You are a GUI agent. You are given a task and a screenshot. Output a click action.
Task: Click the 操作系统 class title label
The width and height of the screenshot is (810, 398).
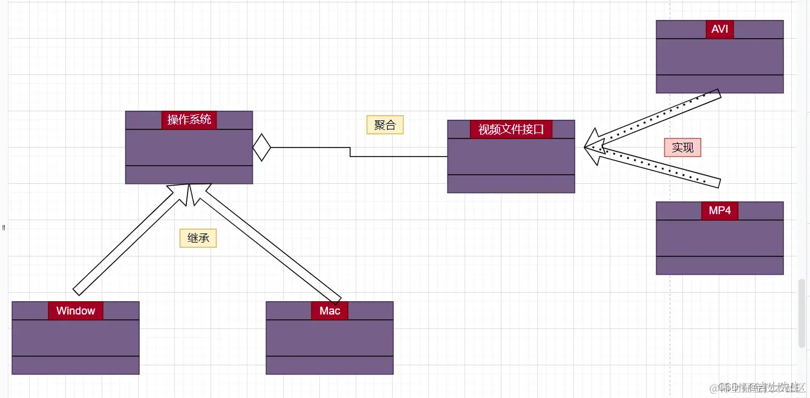click(x=189, y=120)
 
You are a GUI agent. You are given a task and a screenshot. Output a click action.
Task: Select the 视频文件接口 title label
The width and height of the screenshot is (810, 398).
click(x=511, y=129)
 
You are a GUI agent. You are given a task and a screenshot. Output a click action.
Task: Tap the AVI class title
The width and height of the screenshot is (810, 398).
click(x=719, y=29)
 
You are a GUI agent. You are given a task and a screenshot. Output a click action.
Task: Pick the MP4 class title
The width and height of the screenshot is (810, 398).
click(x=719, y=210)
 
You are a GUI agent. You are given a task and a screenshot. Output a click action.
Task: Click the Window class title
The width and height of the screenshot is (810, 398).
click(x=76, y=311)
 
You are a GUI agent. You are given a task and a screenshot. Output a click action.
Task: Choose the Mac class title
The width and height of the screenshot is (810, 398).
click(x=330, y=311)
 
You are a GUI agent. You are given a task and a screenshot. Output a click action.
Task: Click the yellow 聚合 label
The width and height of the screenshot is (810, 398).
click(x=385, y=125)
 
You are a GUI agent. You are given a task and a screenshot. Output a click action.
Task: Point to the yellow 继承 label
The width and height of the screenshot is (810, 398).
click(x=198, y=238)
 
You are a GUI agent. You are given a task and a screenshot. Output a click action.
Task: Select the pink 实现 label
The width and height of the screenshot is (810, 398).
click(x=682, y=147)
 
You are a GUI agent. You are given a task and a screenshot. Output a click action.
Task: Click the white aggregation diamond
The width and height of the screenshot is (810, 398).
click(x=261, y=147)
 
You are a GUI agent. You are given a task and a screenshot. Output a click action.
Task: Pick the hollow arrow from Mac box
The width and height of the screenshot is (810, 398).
click(x=266, y=242)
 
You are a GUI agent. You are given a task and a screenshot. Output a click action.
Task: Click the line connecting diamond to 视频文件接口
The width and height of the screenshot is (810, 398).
click(x=399, y=156)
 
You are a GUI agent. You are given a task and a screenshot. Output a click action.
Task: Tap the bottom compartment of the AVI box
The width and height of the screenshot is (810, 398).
click(x=719, y=84)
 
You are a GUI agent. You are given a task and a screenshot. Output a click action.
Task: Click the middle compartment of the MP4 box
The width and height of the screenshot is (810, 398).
click(x=719, y=238)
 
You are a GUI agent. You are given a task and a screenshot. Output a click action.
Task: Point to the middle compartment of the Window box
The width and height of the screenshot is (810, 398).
click(x=76, y=338)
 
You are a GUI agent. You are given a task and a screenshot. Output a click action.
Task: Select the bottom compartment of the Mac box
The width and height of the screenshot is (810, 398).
click(x=330, y=365)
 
